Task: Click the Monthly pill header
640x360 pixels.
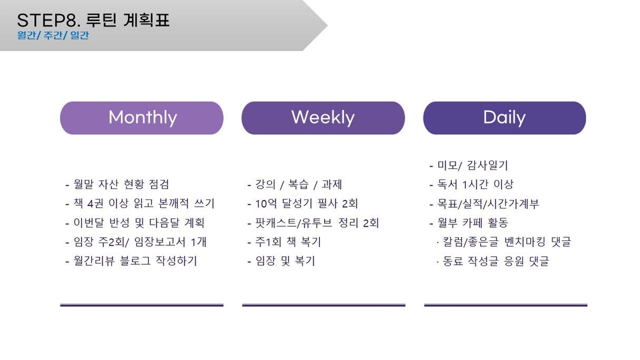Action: tap(142, 118)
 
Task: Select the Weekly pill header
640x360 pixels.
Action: tap(323, 118)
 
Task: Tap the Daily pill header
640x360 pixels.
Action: tap(505, 118)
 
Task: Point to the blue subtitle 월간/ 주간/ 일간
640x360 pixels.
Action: tap(53, 35)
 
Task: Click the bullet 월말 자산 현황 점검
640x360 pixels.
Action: tap(117, 184)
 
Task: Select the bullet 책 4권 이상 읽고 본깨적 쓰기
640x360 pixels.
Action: tap(140, 204)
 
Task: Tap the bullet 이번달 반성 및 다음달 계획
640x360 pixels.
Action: tap(135, 223)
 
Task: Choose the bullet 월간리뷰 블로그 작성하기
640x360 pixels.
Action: tap(131, 261)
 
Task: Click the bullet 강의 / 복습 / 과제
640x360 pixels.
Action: tap(295, 184)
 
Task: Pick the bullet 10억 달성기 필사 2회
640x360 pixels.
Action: tap(303, 204)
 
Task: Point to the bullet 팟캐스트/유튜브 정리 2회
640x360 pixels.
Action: tap(313, 223)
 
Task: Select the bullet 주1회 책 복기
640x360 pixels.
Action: tap(284, 242)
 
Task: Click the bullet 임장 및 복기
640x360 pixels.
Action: tap(281, 261)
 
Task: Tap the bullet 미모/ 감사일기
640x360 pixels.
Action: tap(468, 165)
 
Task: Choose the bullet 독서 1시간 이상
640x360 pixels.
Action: tap(472, 184)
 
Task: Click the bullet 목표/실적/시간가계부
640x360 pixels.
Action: tap(484, 204)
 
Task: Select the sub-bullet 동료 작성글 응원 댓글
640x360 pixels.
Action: tap(493, 261)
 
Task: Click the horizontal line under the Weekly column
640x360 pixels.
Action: tap(324, 305)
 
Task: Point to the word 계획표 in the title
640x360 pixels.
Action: tap(146, 20)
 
